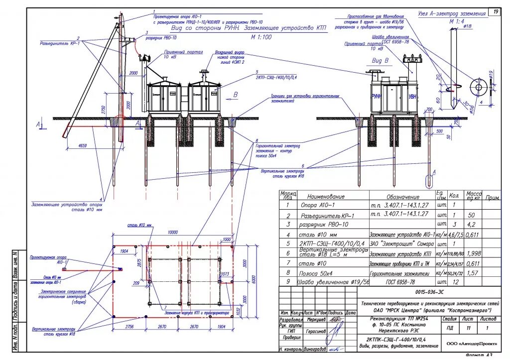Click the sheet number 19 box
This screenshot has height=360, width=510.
click(x=496, y=11)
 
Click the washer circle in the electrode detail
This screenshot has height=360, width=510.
click(x=479, y=87)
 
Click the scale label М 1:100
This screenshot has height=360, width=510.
click(x=261, y=36)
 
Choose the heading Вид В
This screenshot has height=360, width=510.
click(x=380, y=60)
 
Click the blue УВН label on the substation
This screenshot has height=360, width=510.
click(x=413, y=97)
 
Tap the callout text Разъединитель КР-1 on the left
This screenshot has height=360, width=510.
click(x=60, y=43)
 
